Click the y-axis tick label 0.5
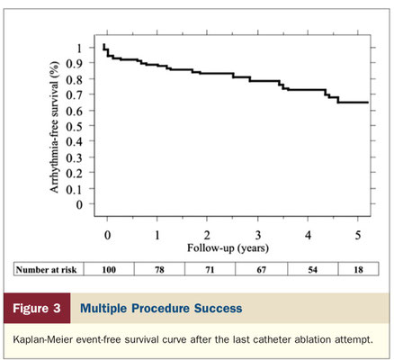tap(74, 126)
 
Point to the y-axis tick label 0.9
tap(74, 64)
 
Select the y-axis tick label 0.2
tap(74, 174)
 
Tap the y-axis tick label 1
tap(79, 48)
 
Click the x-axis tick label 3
tap(258, 236)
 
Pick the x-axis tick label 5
tap(358, 236)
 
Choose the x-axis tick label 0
tap(107, 236)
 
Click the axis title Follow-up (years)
tap(228, 248)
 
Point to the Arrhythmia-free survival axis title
tap(54, 127)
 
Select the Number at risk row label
tap(46, 270)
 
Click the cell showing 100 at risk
tap(109, 270)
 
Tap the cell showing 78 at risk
tap(159, 270)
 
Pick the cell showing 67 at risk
tap(261, 270)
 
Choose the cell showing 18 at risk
tap(358, 270)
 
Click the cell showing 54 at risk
tap(313, 270)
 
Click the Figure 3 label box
tap(37, 309)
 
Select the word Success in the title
tap(218, 309)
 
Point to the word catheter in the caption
tap(271, 340)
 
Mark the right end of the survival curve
tap(368, 103)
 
